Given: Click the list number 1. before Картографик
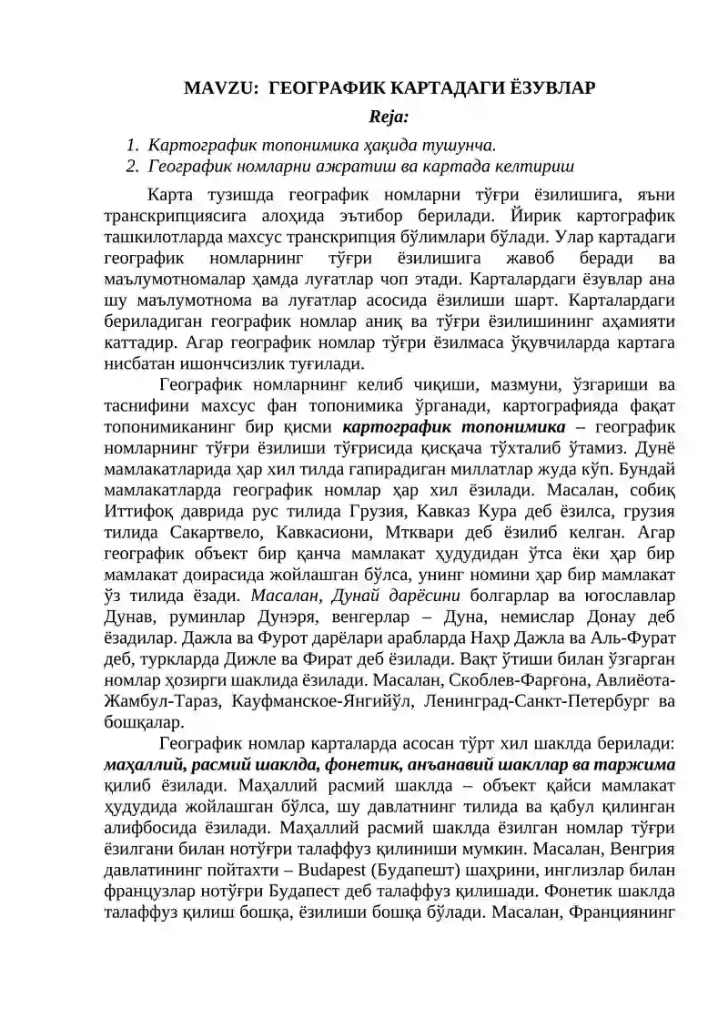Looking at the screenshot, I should pyautogui.click(x=132, y=144).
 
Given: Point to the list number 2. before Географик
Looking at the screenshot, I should pyautogui.click(x=132, y=167).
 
